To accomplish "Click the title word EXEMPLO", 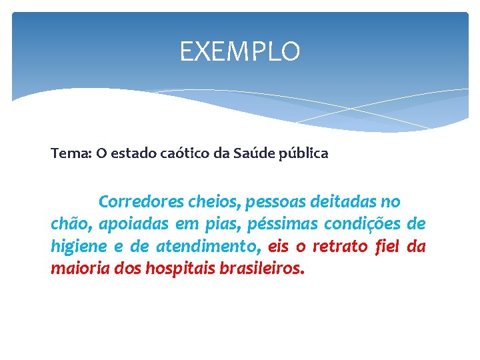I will point(240,51).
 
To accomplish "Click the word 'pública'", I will point(304,153).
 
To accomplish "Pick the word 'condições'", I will point(364,224).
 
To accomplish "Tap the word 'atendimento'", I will point(208,247).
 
